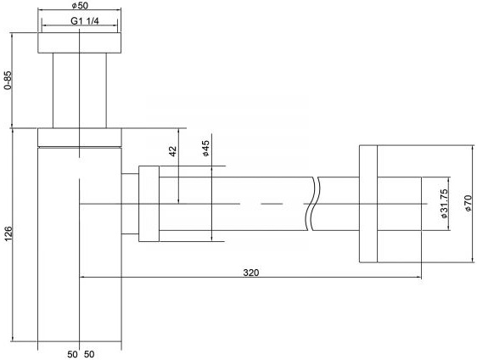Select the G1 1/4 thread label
click(81, 21)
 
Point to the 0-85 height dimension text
click(8, 82)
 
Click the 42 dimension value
click(172, 152)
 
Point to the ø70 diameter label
click(466, 204)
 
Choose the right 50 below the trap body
click(89, 352)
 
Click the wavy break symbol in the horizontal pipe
click(315, 204)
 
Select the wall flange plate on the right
click(367, 204)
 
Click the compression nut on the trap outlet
click(149, 204)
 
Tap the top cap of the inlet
click(81, 42)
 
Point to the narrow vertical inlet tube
click(81, 90)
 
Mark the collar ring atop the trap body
click(81, 137)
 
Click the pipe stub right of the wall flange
click(398, 204)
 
